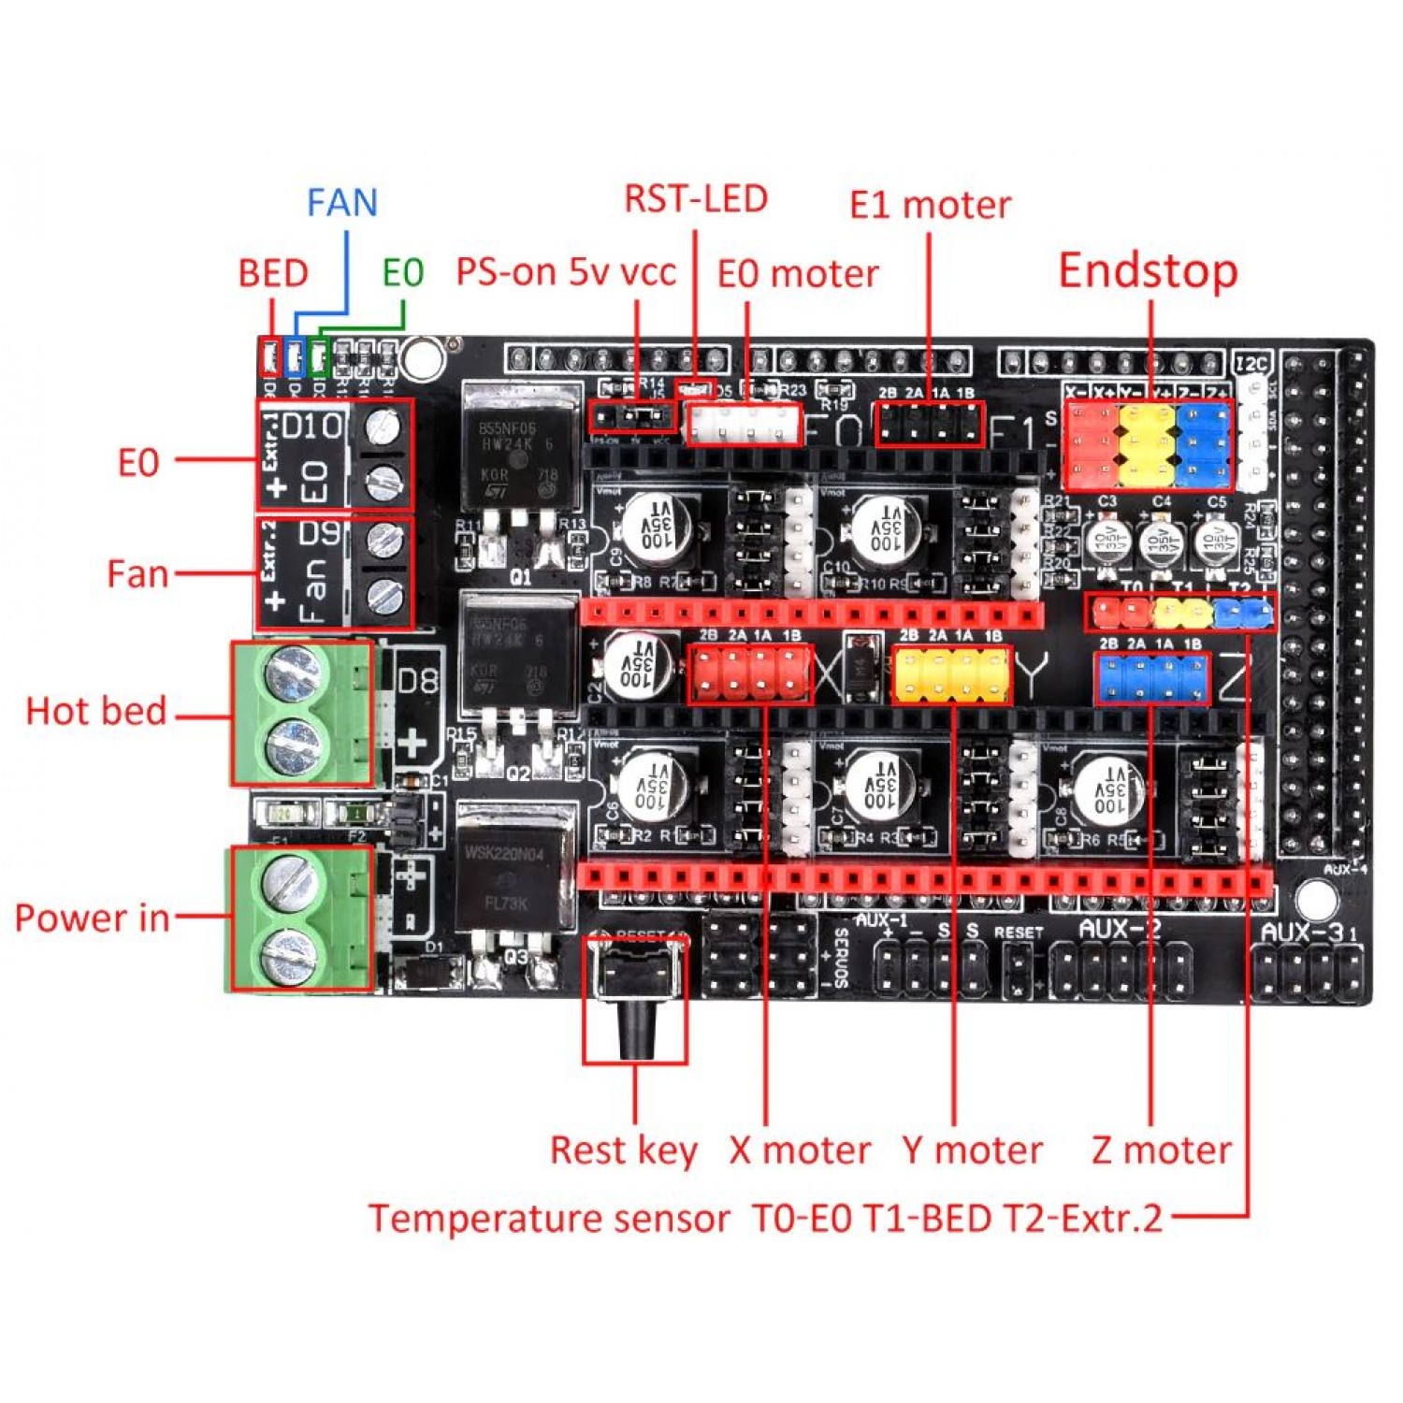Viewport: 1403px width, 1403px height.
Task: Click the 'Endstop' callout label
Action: [1148, 271]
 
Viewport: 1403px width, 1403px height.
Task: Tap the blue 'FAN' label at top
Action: [342, 203]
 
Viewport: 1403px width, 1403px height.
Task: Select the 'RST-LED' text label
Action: [696, 199]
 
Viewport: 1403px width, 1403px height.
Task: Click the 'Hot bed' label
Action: [96, 711]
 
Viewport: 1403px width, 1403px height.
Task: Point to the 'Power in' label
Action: [93, 918]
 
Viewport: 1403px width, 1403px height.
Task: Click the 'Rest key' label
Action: [623, 1150]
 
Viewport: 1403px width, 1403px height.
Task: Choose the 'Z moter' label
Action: [1161, 1150]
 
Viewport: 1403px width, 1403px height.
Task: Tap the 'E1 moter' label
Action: [930, 205]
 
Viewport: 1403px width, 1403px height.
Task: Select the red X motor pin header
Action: [750, 673]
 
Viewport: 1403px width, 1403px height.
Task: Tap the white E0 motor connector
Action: [745, 426]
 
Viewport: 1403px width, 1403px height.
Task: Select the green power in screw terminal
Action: [301, 918]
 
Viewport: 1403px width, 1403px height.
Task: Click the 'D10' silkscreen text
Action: [312, 427]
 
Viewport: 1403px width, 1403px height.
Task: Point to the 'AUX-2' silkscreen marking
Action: [1120, 929]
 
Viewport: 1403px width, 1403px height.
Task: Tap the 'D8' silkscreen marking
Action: [417, 680]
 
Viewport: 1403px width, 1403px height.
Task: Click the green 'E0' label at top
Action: [403, 273]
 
